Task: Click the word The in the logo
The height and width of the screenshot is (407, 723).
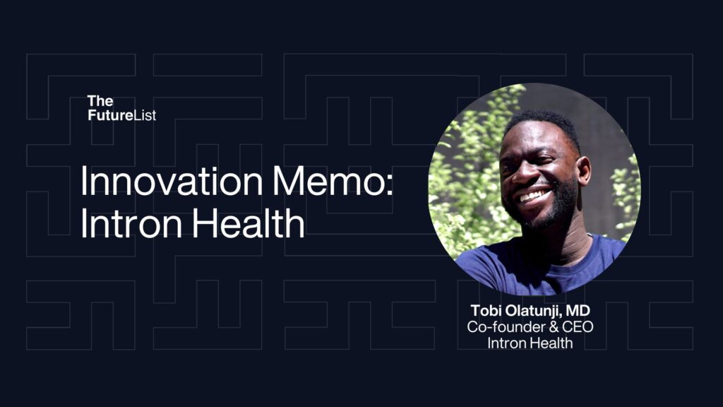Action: coord(100,102)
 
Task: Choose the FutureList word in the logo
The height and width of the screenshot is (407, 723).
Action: coord(121,115)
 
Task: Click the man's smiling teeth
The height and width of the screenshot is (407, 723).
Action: coord(535,195)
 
